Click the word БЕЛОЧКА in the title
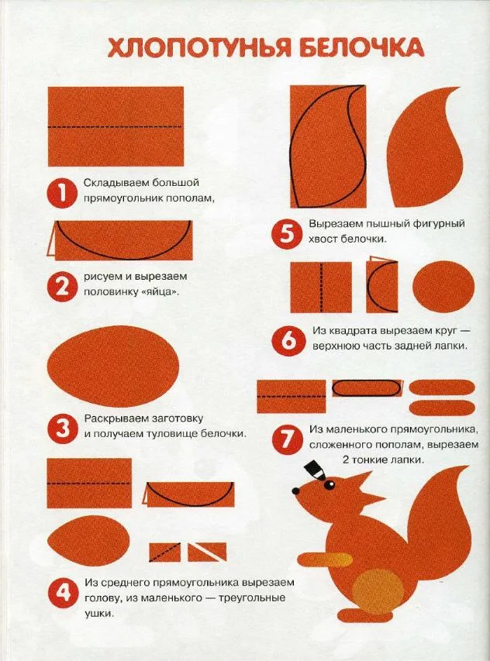(361, 47)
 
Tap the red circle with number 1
(61, 194)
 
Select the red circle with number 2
(61, 287)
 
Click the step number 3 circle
(62, 429)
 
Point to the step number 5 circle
(287, 234)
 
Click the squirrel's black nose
(295, 491)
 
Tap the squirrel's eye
(329, 485)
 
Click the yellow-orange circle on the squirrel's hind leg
(378, 592)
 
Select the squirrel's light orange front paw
(326, 559)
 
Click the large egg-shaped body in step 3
(113, 366)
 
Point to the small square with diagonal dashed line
(165, 553)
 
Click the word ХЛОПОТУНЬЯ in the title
(199, 47)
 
